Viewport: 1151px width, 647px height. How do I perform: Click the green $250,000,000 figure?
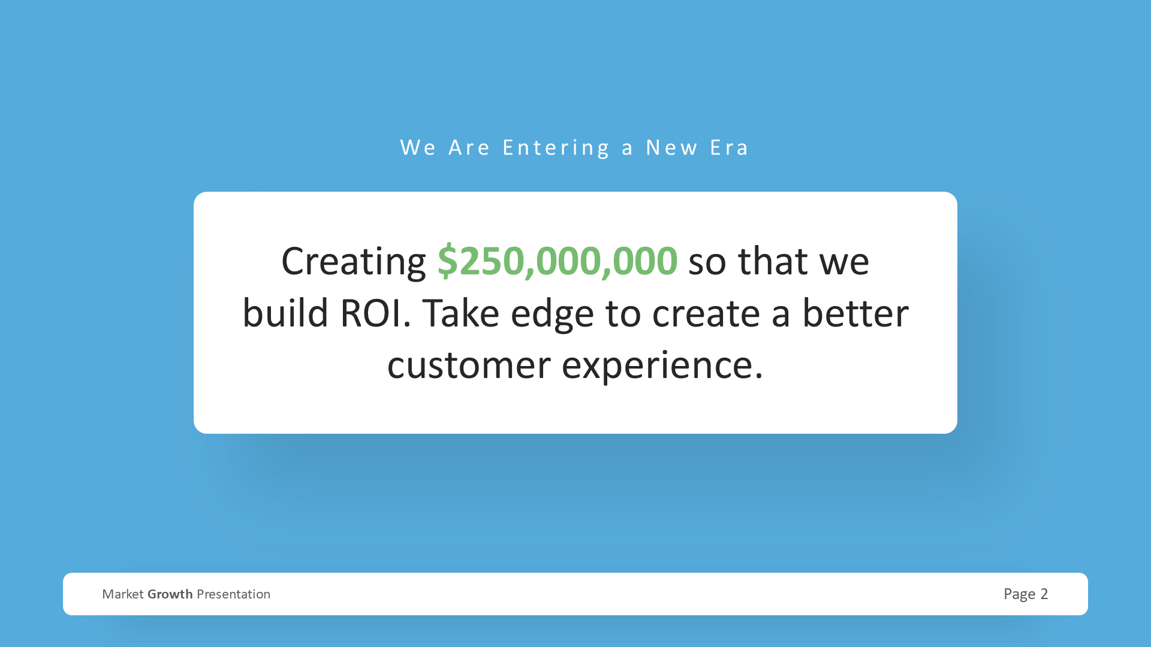coord(558,261)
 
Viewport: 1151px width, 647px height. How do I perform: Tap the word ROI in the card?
coord(375,313)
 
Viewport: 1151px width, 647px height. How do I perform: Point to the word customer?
coord(469,365)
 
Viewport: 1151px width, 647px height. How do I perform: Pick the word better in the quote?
coord(855,313)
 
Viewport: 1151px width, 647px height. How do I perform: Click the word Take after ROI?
coord(460,313)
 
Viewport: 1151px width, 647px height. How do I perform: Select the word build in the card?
coord(285,313)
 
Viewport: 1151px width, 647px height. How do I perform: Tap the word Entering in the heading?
coord(556,148)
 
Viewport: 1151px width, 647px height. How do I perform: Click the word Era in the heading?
coord(729,147)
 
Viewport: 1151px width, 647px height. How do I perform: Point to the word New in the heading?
coord(671,147)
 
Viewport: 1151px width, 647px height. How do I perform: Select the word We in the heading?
coord(418,147)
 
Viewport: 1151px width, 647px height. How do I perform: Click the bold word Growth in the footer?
coord(170,594)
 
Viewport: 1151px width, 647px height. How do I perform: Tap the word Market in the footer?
coord(123,594)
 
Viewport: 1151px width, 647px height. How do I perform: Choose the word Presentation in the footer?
coord(233,594)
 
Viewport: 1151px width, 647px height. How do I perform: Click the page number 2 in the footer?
coord(1044,594)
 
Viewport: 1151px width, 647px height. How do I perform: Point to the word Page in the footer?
coord(1020,594)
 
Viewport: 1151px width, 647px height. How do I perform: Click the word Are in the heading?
coord(469,147)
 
